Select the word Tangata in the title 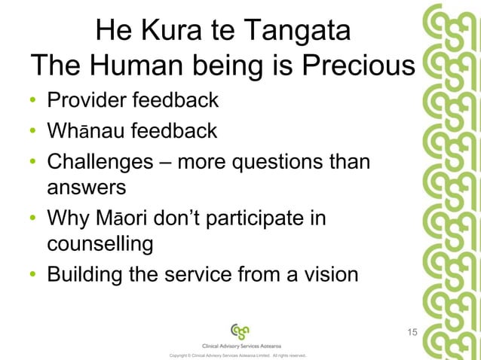tap(296, 32)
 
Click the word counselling tap(100, 246)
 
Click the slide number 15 tap(412, 332)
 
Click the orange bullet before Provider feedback tap(34, 101)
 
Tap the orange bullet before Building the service tap(34, 276)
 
